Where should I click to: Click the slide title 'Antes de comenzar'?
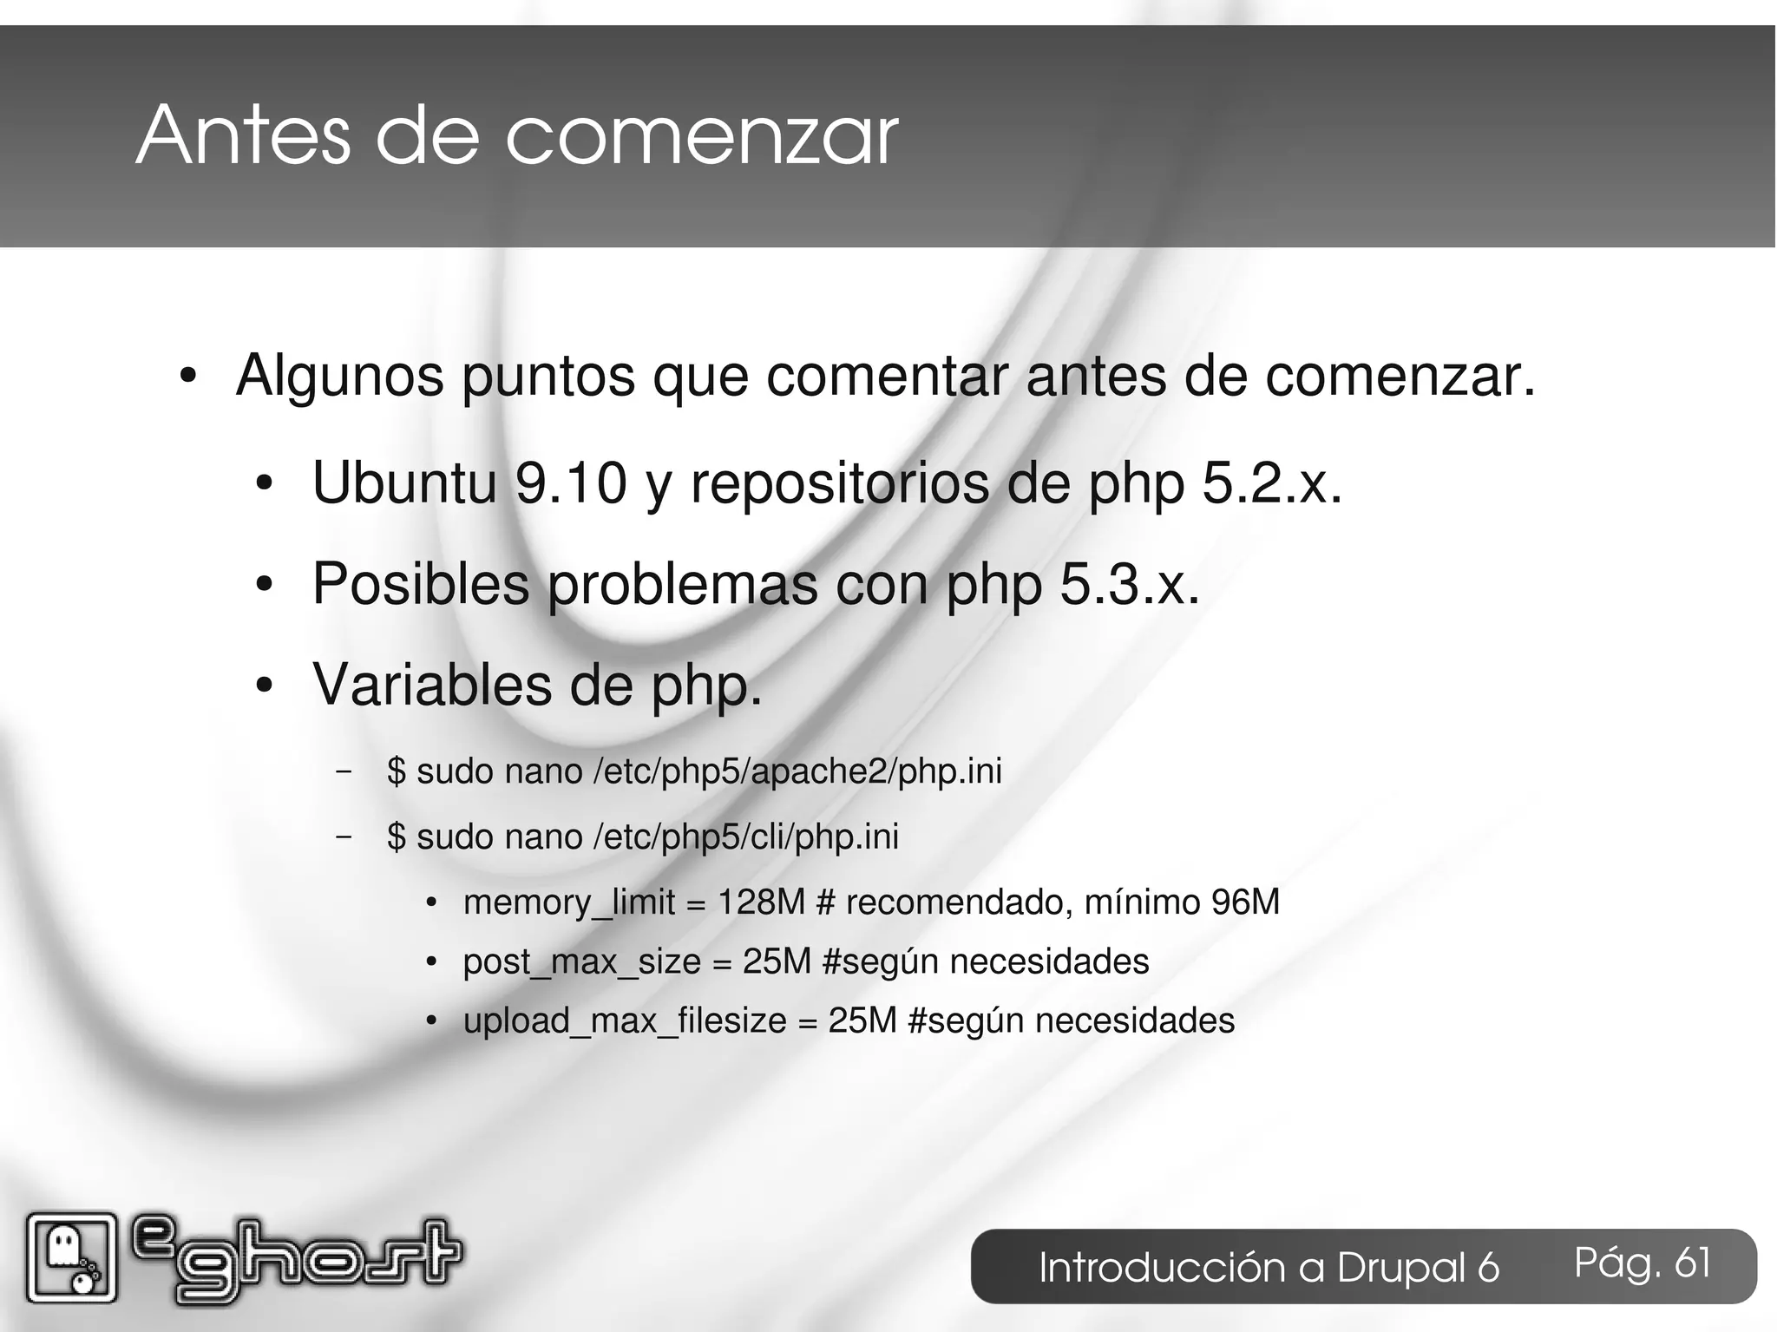pyautogui.click(x=517, y=136)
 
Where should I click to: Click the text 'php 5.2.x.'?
pyautogui.click(x=1215, y=484)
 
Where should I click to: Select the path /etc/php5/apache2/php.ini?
pyautogui.click(x=797, y=771)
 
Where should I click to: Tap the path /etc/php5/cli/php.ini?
pyautogui.click(x=746, y=837)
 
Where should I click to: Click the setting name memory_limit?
pyautogui.click(x=568, y=903)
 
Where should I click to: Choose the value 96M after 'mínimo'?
pyautogui.click(x=1245, y=902)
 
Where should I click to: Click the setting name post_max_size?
pyautogui.click(x=581, y=961)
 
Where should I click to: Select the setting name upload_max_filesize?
pyautogui.click(x=625, y=1021)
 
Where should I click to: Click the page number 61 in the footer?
pyautogui.click(x=1692, y=1263)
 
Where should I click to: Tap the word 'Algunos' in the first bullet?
pyautogui.click(x=339, y=377)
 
